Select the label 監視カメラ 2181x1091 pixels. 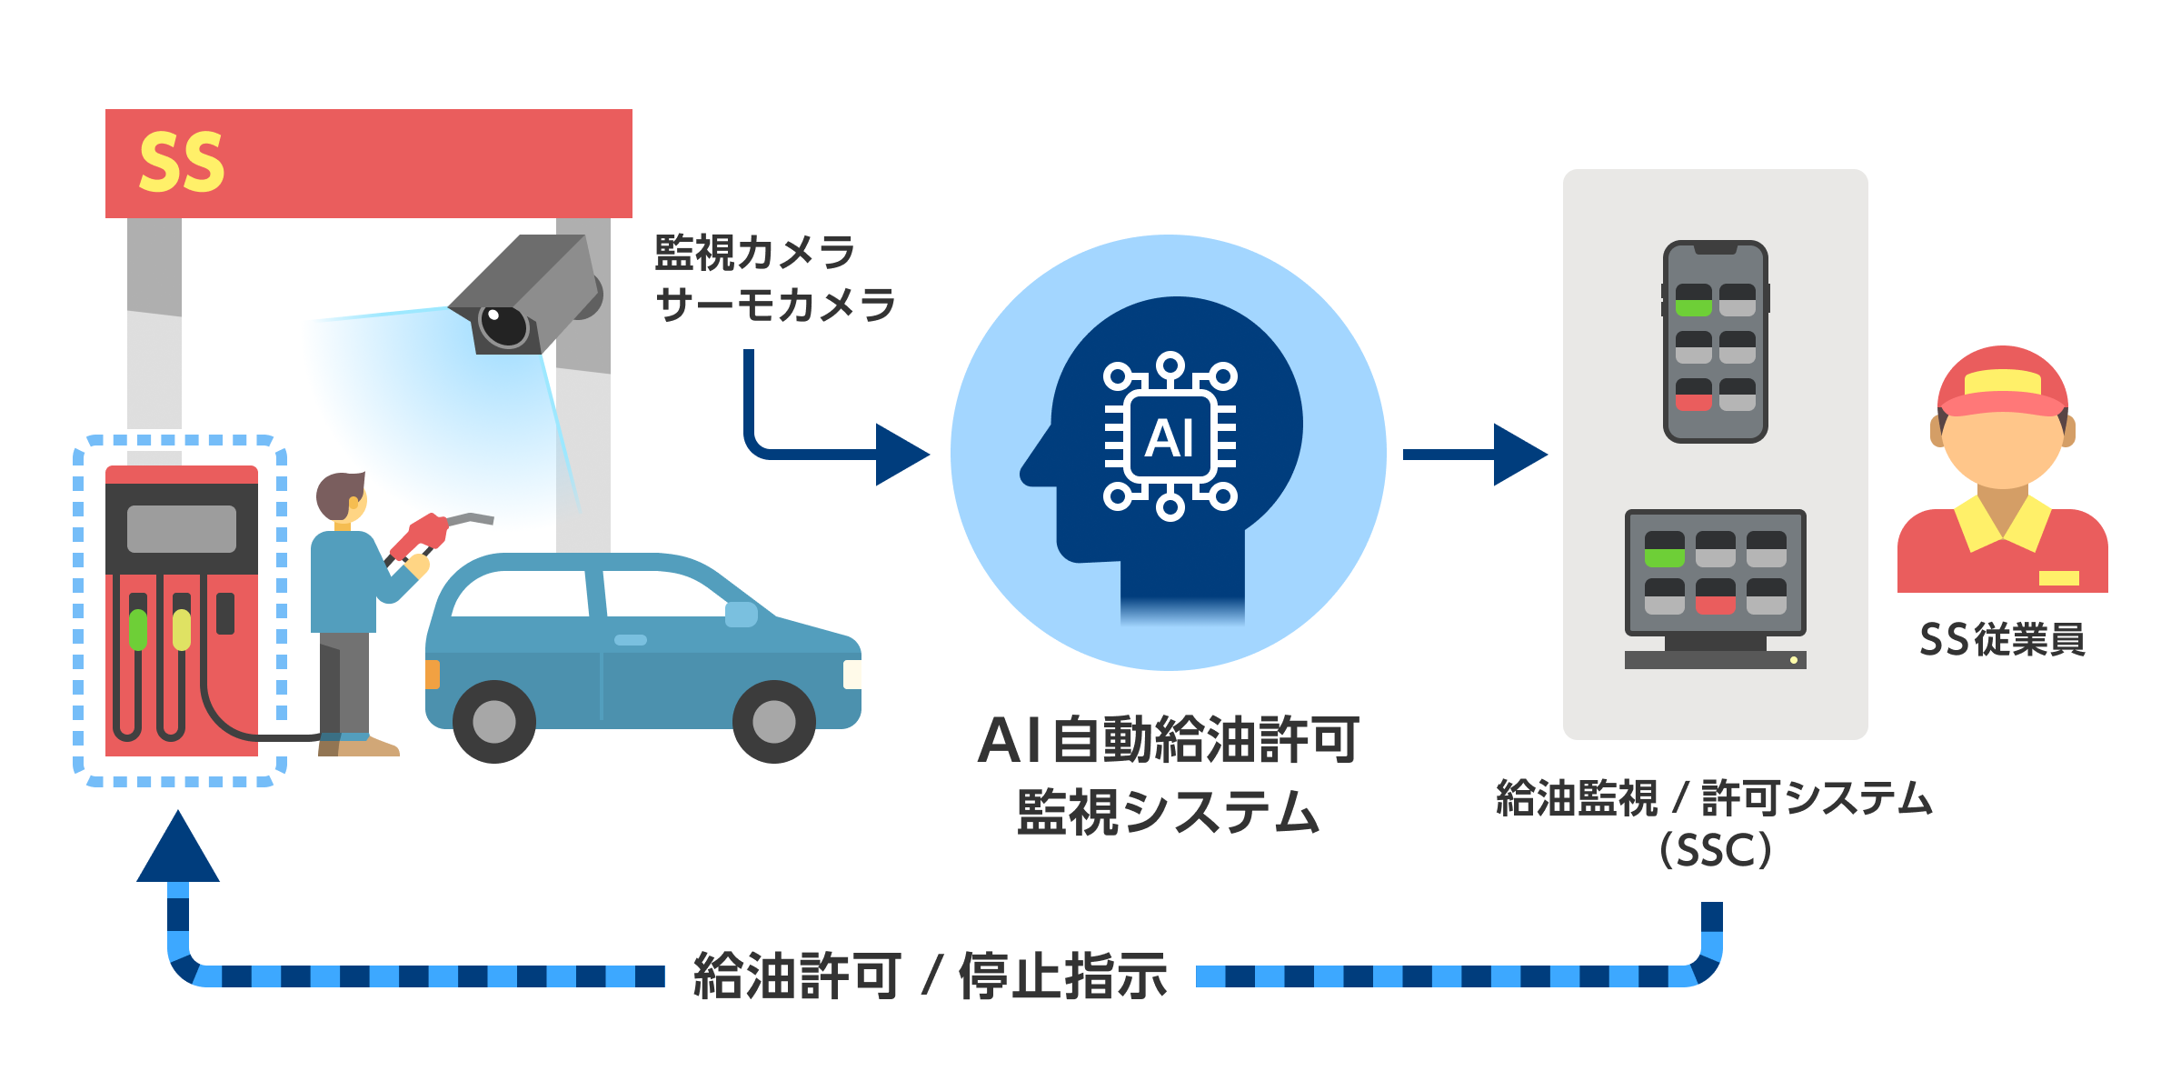754,253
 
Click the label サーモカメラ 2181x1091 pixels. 775,305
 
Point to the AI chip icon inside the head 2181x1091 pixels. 1170,437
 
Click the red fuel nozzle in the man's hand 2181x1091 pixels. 420,536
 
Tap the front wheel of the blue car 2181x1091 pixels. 773,722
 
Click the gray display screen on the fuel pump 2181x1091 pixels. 181,528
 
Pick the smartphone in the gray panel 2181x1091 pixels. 1715,342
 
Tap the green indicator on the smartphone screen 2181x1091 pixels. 1693,307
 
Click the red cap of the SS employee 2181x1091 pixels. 2002,382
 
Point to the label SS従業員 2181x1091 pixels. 2002,640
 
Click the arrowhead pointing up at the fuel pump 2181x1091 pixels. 178,851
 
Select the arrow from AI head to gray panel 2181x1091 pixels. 1472,454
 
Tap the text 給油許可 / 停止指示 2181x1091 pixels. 930,976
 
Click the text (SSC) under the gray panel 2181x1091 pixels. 1715,851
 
